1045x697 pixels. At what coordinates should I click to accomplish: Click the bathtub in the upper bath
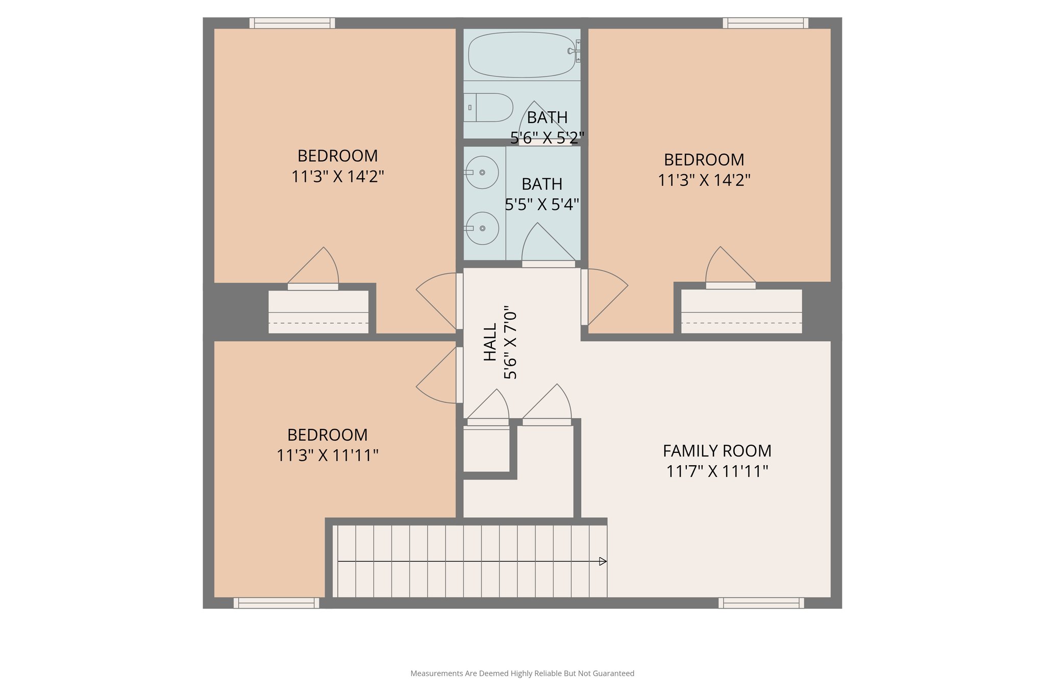tap(521, 55)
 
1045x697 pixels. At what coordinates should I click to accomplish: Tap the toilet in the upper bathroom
tap(488, 107)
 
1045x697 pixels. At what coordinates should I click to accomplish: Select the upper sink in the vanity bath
tap(482, 173)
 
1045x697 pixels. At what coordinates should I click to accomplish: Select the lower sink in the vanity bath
tap(482, 228)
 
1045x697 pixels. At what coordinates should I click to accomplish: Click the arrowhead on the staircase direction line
tap(603, 561)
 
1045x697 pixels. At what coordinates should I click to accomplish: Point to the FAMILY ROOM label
tap(717, 451)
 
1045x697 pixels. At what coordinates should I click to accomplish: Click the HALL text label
tap(490, 342)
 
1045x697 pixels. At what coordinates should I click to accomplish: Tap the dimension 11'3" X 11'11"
tap(327, 455)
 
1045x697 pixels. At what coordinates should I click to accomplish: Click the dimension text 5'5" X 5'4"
tap(542, 205)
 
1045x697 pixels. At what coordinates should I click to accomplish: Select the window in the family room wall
tap(761, 603)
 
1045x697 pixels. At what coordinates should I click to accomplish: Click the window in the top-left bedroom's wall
tap(292, 23)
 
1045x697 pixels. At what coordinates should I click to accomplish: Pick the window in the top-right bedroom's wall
tap(765, 23)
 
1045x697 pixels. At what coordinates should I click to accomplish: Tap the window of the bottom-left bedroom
tap(276, 603)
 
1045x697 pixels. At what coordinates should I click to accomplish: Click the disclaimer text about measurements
tap(522, 674)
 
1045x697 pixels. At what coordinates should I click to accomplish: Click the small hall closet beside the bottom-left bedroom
tap(486, 449)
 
